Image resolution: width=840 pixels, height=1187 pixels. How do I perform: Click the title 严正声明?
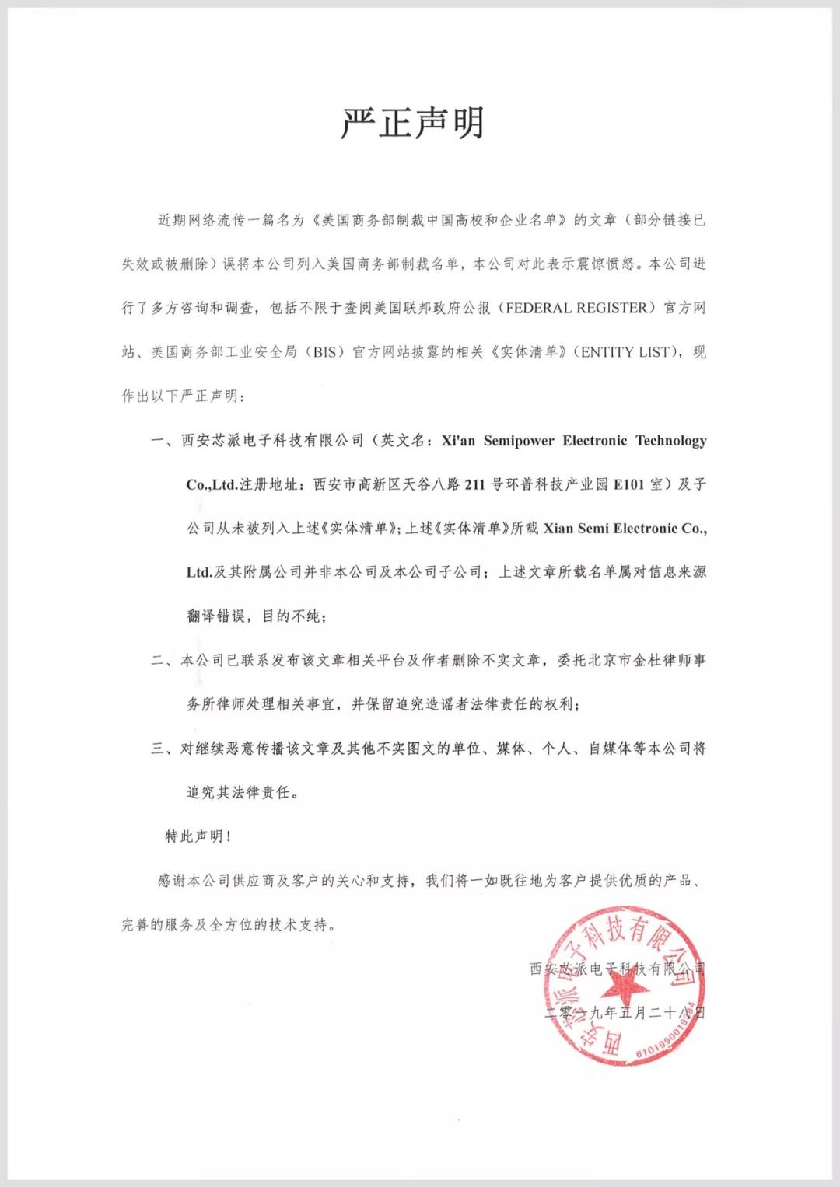(413, 124)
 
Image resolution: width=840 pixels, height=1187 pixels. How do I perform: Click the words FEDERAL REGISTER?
(576, 309)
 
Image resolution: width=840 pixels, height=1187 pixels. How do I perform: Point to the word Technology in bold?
(670, 441)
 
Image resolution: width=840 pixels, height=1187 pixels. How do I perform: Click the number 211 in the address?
(474, 484)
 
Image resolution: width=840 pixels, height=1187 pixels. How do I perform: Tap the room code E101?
(628, 484)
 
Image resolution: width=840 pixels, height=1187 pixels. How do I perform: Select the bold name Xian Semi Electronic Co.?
(625, 529)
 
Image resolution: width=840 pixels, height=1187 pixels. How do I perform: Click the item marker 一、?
(164, 441)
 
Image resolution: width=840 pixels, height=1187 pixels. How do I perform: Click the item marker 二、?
(164, 661)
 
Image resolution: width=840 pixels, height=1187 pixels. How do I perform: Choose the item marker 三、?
(164, 749)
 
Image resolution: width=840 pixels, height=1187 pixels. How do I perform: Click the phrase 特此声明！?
(198, 836)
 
